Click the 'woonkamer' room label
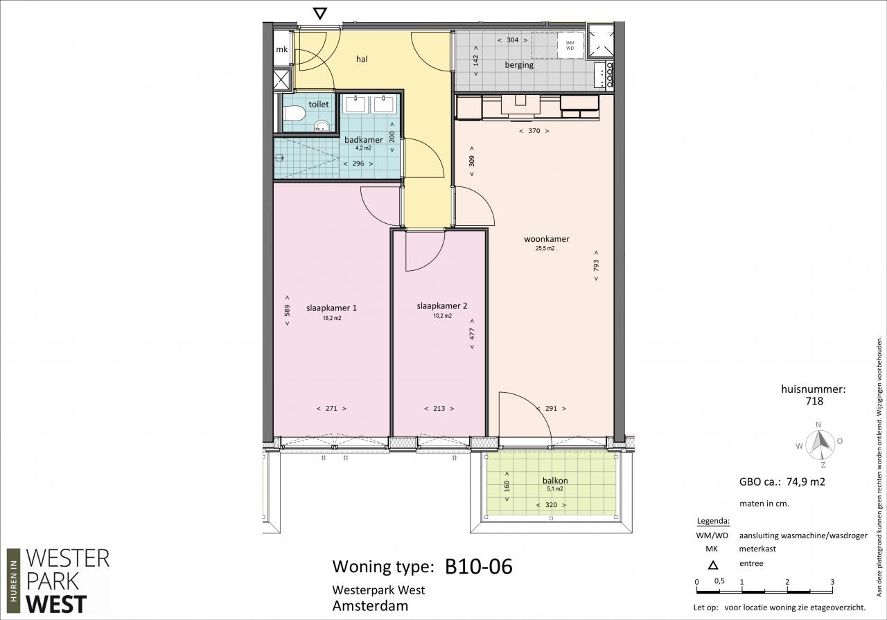tap(547, 239)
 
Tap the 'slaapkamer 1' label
tap(331, 308)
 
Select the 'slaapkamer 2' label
tap(442, 306)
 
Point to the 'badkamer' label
tap(364, 140)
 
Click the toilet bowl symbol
tap(294, 113)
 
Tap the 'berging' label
tap(519, 65)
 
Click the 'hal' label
tap(362, 60)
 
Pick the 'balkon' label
tap(555, 481)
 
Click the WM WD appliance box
tap(570, 45)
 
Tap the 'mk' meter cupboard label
tap(282, 49)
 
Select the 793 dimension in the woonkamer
tap(596, 265)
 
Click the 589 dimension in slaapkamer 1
tap(287, 310)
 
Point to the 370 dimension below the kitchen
tap(534, 131)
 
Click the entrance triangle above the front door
tap(319, 13)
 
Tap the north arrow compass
tap(820, 445)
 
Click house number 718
tap(814, 401)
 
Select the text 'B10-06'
tap(479, 567)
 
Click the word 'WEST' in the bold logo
tap(56, 604)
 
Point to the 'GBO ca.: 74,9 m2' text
tap(782, 482)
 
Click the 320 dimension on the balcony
tap(551, 505)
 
